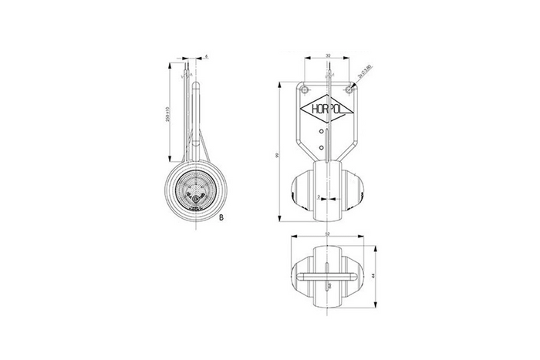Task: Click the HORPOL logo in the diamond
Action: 326,111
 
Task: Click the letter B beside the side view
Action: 221,218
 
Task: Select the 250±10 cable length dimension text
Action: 169,116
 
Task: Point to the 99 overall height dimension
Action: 277,155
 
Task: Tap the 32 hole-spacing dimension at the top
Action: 328,56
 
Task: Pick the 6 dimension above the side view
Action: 207,56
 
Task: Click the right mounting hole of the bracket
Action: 349,89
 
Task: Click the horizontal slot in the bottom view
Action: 328,275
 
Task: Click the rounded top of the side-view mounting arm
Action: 196,86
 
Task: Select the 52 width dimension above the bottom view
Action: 328,234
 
